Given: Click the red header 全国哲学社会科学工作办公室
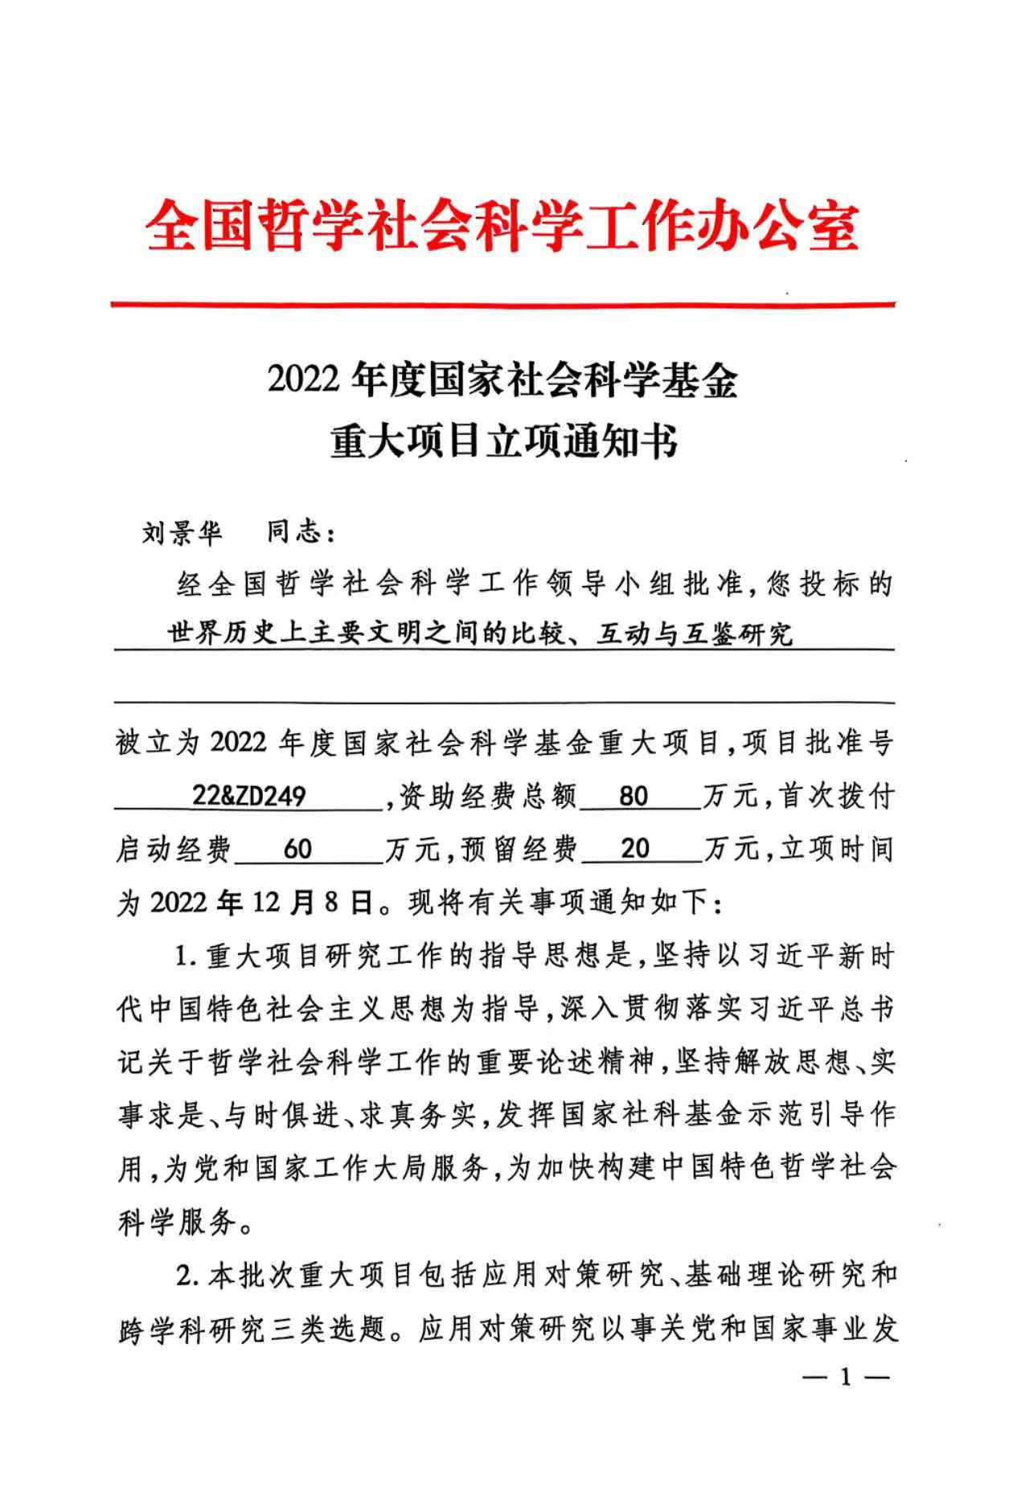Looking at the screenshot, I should click(503, 227).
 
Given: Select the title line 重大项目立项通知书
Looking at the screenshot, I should click(503, 441).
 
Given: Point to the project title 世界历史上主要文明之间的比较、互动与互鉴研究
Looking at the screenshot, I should click(480, 634).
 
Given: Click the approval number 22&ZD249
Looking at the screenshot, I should click(248, 796).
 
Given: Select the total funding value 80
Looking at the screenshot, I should click(634, 796).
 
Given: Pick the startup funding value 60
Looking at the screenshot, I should click(298, 849).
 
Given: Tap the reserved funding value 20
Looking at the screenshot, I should click(635, 849).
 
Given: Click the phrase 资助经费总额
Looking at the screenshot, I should click(489, 797).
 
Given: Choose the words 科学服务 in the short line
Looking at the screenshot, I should click(178, 1223).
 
